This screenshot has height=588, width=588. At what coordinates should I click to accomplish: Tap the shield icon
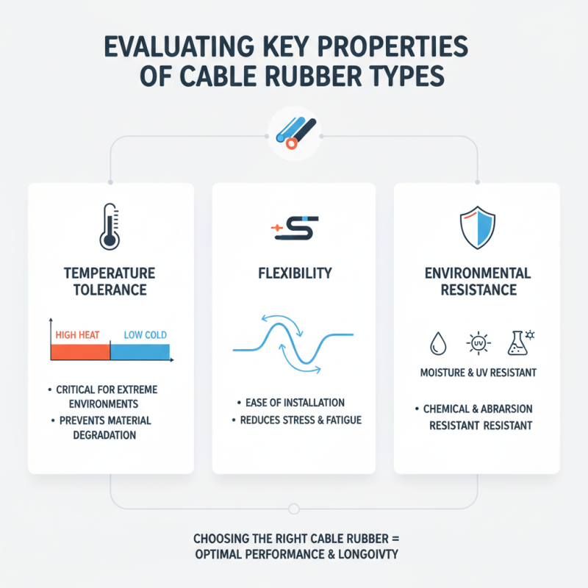point(477,226)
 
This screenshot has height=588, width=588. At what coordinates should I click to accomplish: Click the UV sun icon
point(477,343)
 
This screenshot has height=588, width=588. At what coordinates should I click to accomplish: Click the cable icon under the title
point(294,132)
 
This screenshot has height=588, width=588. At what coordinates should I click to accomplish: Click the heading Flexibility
point(294,273)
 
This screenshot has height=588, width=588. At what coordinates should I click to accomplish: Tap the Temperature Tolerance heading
point(110,282)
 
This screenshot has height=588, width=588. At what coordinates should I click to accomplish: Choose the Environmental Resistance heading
point(477,282)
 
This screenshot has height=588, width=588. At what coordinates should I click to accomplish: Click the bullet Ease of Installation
point(294,403)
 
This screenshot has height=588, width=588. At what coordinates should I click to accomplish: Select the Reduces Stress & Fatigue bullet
point(297,421)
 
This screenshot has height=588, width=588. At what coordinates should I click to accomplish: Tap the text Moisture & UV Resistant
point(477,373)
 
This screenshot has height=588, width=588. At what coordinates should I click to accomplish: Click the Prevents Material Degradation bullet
point(105,428)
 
